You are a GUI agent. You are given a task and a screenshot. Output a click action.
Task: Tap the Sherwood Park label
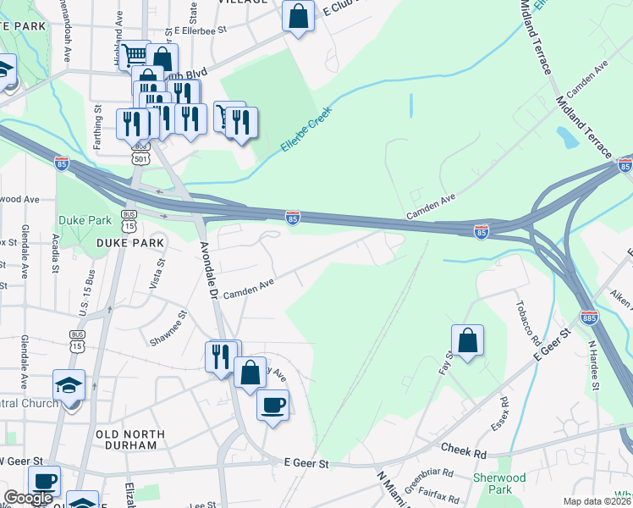coord(500,483)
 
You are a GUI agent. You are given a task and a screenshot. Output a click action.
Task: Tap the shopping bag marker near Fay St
coord(467,341)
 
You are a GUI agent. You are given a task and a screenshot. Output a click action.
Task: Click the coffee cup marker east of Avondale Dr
coord(272,406)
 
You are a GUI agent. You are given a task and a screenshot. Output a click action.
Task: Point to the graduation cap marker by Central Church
coord(69,386)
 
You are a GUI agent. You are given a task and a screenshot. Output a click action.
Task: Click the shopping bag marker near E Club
coord(298,15)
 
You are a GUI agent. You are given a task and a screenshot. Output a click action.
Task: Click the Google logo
coord(28,498)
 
